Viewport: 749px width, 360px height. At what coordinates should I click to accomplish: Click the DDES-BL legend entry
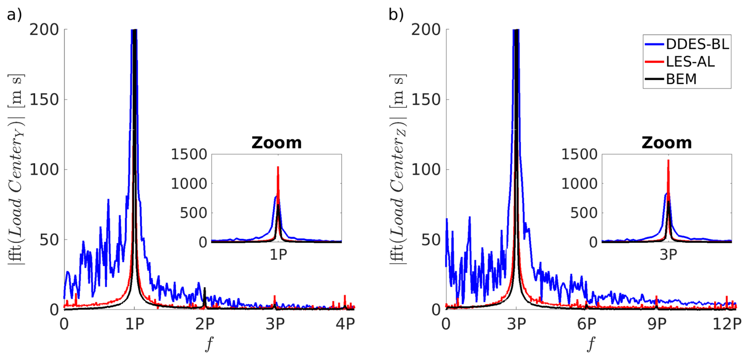(x=697, y=44)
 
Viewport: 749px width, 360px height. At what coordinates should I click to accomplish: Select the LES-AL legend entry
(x=690, y=61)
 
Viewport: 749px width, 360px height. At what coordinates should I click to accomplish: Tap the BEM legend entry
(x=681, y=79)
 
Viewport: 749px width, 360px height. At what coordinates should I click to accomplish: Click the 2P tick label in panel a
(x=205, y=324)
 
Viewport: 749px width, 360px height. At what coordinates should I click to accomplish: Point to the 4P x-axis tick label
(x=345, y=324)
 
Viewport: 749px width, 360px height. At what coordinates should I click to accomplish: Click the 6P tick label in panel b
(x=586, y=324)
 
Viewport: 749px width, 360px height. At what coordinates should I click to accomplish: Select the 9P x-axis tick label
(x=657, y=324)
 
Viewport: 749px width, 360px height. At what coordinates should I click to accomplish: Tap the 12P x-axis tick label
(x=727, y=324)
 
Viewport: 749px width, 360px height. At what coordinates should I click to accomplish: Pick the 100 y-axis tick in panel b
(x=426, y=170)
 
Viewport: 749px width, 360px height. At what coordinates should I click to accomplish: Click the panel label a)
(x=15, y=15)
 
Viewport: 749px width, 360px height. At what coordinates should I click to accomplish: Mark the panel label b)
(x=396, y=15)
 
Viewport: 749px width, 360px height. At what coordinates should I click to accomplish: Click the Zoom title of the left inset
(x=276, y=143)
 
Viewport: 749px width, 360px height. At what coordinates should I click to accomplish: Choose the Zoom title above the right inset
(x=667, y=143)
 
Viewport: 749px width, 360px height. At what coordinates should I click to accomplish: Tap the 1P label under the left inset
(x=278, y=255)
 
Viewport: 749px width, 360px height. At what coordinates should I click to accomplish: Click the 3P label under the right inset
(x=668, y=255)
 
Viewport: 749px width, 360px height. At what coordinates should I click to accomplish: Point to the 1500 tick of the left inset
(x=189, y=154)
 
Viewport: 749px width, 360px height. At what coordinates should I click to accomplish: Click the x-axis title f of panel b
(x=591, y=343)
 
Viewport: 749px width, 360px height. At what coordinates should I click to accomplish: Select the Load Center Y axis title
(x=16, y=169)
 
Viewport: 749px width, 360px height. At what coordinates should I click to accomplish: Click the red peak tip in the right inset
(x=668, y=160)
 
